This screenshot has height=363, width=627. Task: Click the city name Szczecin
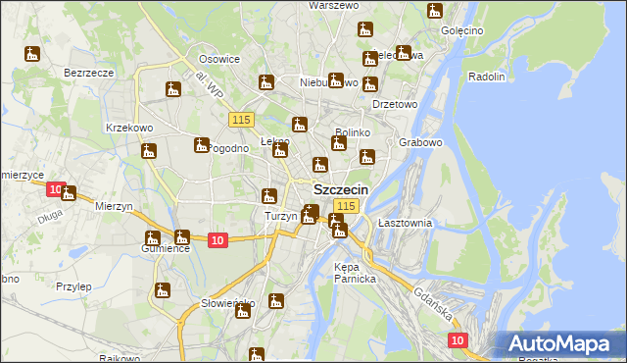click(x=341, y=189)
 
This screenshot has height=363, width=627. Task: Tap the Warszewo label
click(x=333, y=6)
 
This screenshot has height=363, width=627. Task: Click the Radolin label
click(x=487, y=77)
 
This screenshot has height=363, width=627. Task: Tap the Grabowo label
click(x=421, y=142)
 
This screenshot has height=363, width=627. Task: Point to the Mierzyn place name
click(x=114, y=206)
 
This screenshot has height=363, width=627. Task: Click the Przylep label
click(x=73, y=286)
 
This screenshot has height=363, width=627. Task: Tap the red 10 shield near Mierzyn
click(x=56, y=188)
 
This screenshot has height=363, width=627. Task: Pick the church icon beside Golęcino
click(x=435, y=12)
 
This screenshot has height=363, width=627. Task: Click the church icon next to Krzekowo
click(x=149, y=152)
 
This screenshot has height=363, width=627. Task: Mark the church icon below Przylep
click(x=162, y=290)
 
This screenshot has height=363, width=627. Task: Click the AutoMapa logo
click(x=557, y=343)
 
